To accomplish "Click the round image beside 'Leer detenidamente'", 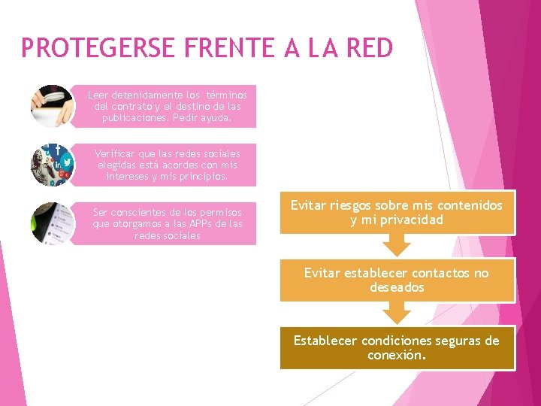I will tap(53, 106).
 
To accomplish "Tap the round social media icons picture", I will tap(53, 165).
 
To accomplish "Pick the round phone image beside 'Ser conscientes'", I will tap(53, 223).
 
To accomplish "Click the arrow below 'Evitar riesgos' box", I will tap(397, 245).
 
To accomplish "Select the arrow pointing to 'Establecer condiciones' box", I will tap(397, 313).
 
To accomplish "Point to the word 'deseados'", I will tap(397, 287).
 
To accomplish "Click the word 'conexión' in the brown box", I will tap(397, 355).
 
